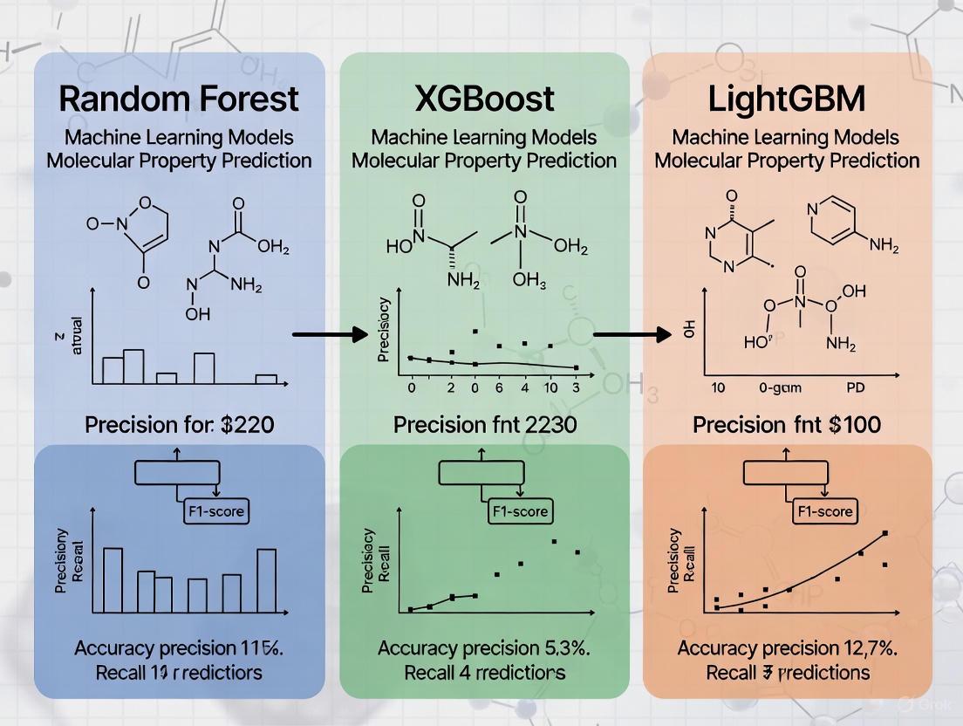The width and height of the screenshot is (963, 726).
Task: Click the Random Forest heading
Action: tap(179, 99)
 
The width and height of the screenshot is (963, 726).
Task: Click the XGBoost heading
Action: tap(485, 99)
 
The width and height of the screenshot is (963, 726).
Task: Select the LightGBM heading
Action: tap(787, 99)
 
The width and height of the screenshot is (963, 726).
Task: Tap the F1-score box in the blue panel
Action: tap(216, 510)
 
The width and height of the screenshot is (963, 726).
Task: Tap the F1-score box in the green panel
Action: tap(519, 510)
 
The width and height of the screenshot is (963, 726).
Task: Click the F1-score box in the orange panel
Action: tap(823, 510)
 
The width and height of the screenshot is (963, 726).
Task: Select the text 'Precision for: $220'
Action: tap(179, 425)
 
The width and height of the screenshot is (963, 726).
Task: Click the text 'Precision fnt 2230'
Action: tap(484, 425)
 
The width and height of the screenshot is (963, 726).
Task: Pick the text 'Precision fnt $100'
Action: tap(787, 425)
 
